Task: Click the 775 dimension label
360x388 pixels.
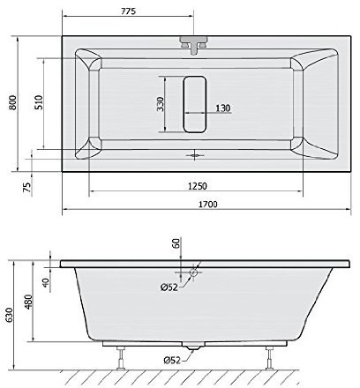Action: [129, 11]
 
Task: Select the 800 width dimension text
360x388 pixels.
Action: [12, 102]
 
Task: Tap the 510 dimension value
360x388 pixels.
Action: [39, 102]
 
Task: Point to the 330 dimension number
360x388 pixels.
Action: [160, 104]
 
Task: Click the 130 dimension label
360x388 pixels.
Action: [223, 108]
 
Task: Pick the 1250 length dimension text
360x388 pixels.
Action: [198, 186]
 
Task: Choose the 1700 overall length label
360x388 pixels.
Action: [207, 205]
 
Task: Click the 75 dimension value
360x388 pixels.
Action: [26, 187]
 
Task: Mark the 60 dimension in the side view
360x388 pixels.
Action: [176, 243]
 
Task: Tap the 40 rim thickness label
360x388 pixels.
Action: [46, 282]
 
